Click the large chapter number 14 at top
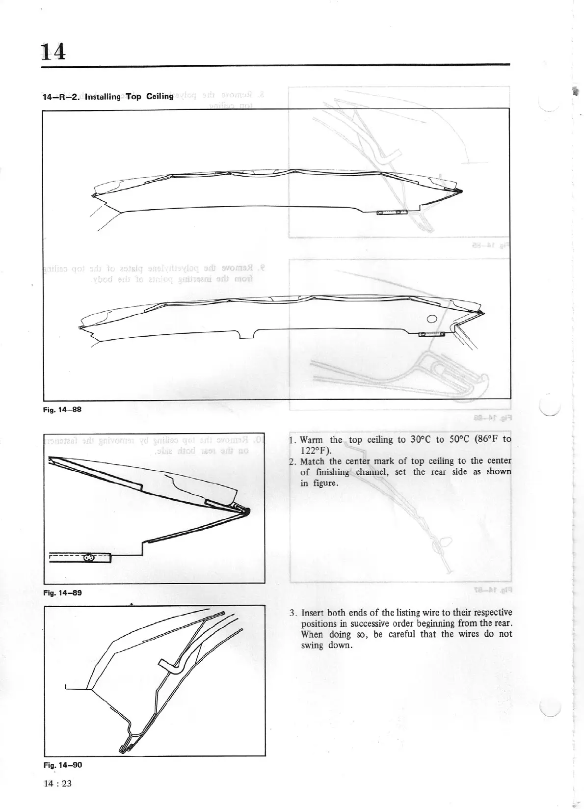coord(54,51)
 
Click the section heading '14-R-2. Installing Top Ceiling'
coord(108,97)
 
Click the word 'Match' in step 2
coord(312,461)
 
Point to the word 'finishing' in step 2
coord(332,472)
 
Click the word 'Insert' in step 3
coord(312,613)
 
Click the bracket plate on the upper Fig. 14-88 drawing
coord(392,212)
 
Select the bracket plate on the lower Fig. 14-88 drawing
coord(432,335)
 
